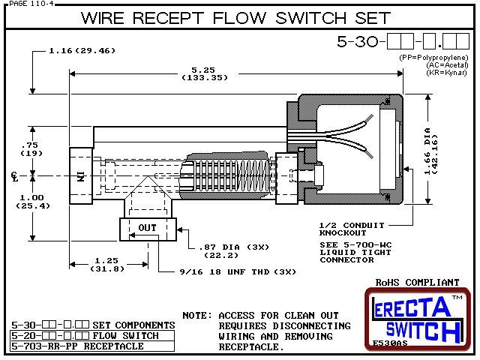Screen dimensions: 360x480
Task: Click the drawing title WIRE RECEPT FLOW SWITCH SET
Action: point(235,18)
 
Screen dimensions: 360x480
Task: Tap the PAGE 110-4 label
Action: point(24,4)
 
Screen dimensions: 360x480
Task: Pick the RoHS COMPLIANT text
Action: point(417,283)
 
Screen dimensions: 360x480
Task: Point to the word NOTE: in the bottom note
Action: point(196,315)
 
